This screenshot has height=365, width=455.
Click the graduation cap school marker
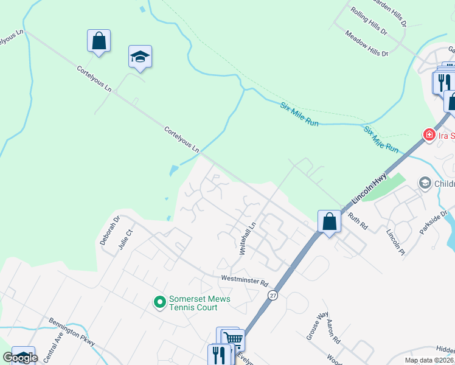(x=140, y=57)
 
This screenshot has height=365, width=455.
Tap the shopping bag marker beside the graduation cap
(x=99, y=41)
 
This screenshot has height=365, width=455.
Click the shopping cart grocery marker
(x=234, y=339)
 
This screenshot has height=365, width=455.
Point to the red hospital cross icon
(x=429, y=134)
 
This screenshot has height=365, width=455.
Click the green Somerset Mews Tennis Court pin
(x=159, y=301)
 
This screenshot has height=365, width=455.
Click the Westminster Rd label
(x=245, y=281)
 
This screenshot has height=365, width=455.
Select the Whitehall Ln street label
(x=248, y=238)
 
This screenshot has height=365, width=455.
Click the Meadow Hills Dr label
(x=366, y=44)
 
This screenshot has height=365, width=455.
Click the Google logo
(x=20, y=358)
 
